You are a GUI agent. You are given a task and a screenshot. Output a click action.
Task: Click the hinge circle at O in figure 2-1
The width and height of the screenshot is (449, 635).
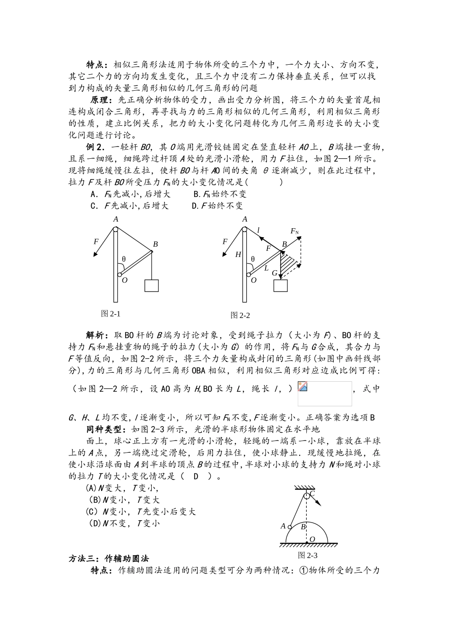120,274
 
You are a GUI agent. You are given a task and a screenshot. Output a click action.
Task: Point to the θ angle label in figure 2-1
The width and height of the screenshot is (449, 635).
124,259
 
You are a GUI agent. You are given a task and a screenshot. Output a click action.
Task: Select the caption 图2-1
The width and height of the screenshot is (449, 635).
111,313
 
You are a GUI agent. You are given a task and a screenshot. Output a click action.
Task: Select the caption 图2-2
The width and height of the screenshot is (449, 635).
240,315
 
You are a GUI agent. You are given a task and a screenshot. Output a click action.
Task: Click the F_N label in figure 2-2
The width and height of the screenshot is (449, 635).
294,231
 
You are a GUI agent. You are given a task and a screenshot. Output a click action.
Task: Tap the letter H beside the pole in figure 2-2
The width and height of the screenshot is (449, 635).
238,255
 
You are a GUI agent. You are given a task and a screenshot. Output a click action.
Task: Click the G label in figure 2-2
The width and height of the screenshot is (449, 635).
274,273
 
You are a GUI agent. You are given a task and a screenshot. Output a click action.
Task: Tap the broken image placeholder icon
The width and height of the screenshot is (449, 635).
302,386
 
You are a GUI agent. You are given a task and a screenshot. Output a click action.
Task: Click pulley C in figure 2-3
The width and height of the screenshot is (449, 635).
306,495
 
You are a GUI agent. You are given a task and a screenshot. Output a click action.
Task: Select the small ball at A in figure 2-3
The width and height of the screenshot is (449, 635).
290,526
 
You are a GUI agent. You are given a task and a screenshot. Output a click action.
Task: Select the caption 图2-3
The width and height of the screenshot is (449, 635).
307,555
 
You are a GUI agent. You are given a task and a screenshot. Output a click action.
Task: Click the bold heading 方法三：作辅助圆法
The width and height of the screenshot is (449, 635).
110,558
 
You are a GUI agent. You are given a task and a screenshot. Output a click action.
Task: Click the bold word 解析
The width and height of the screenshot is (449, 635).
96,335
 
